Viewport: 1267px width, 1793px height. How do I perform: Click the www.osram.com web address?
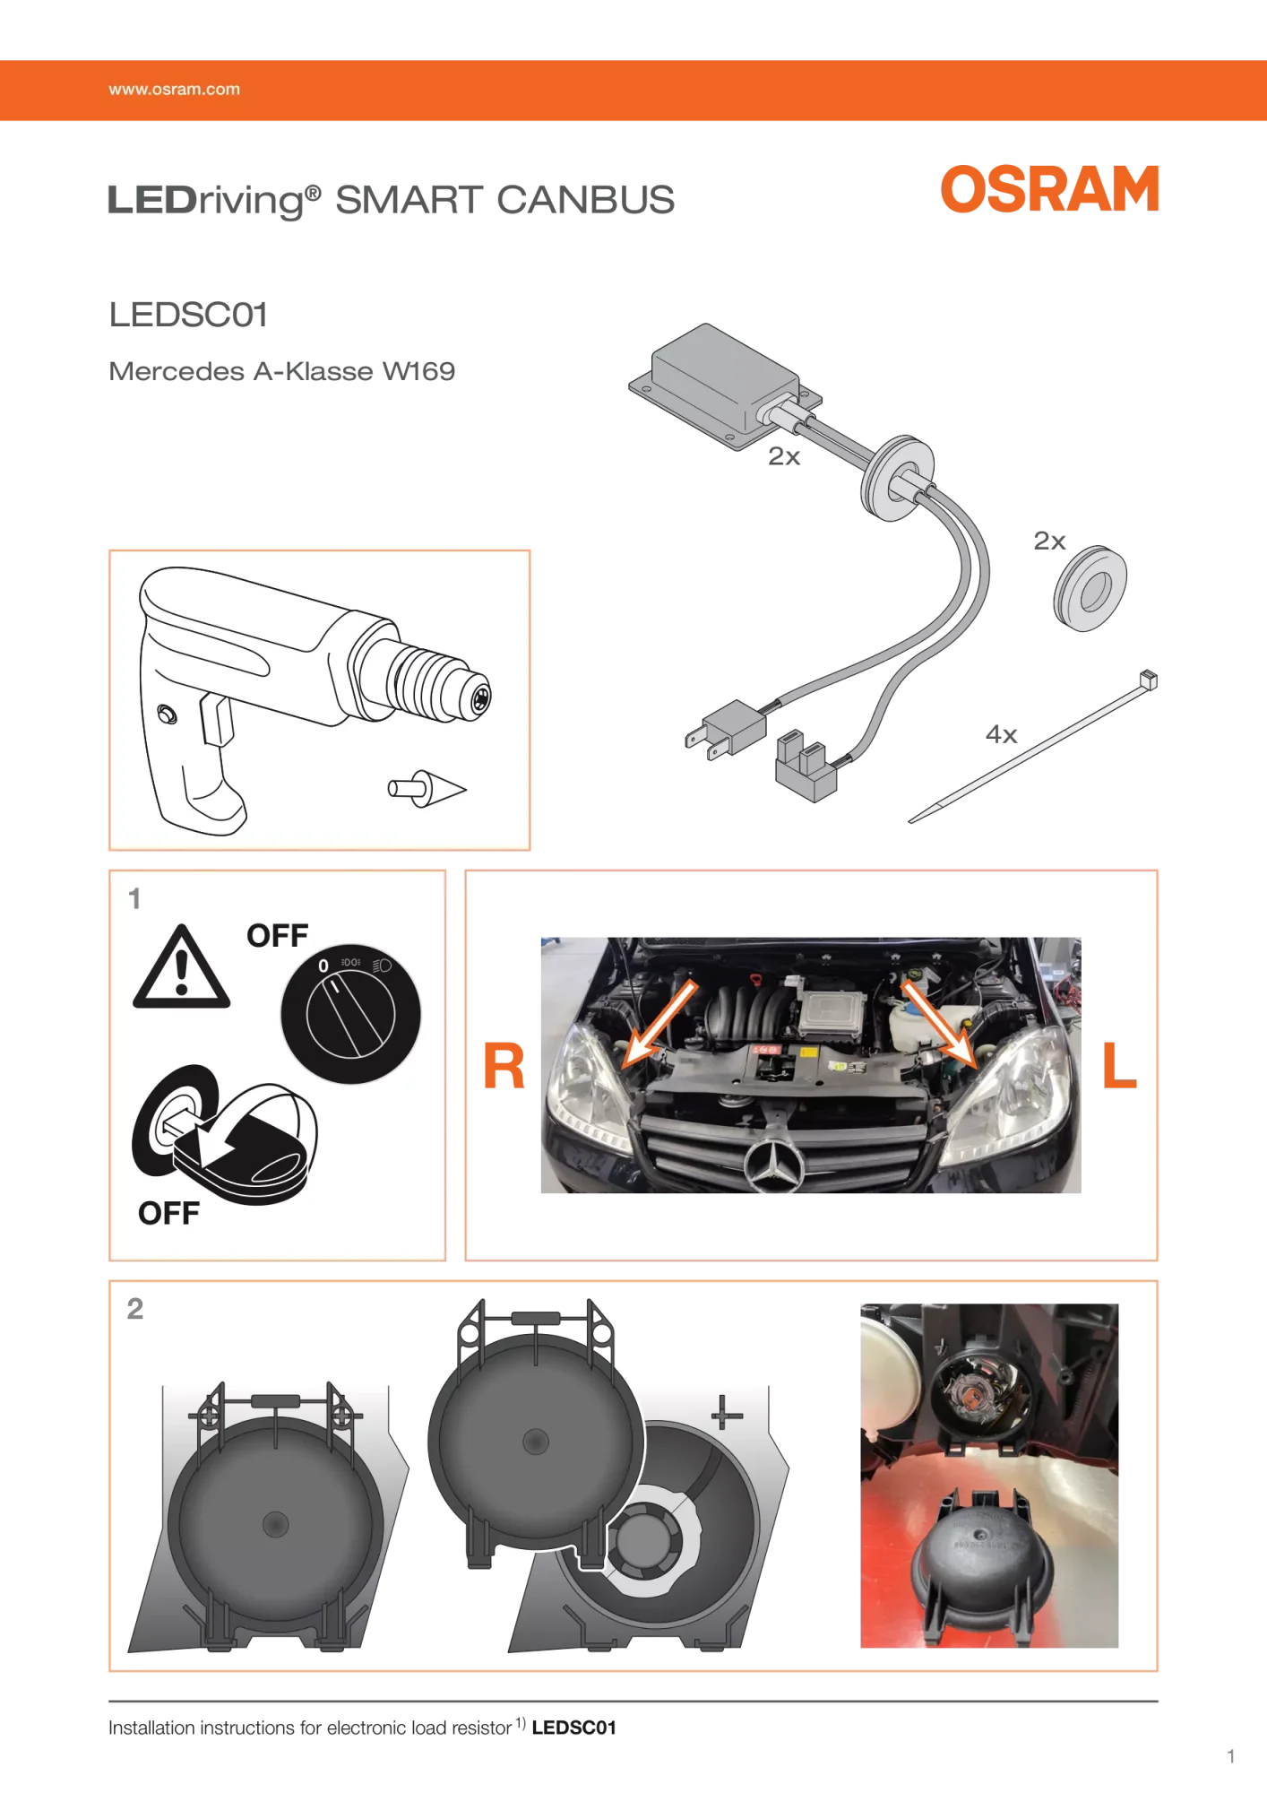pos(174,90)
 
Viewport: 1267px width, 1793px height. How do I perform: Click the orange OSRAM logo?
pos(1049,189)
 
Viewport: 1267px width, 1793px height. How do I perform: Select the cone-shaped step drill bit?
pos(428,788)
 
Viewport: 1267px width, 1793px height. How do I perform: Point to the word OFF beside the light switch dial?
pos(277,936)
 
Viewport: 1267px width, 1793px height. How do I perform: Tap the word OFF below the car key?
pos(168,1213)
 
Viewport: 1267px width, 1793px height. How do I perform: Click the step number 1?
pos(134,898)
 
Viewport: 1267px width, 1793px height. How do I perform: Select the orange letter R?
pos(504,1067)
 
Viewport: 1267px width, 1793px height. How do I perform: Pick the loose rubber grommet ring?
pos(1090,588)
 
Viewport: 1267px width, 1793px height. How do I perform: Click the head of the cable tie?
pos(1149,680)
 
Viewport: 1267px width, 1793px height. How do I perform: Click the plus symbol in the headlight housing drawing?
pos(726,1414)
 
